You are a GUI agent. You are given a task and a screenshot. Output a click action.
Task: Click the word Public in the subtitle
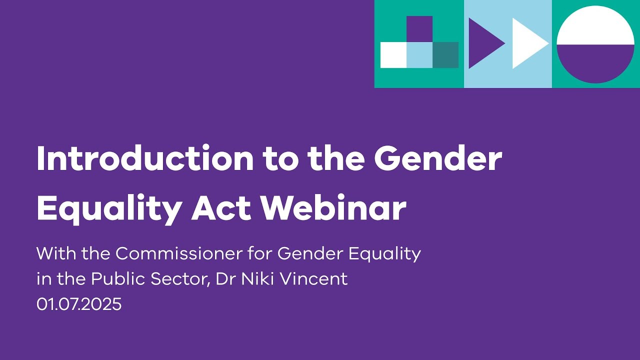pyautogui.click(x=116, y=279)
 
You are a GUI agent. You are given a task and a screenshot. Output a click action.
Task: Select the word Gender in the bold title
pyautogui.click(x=437, y=159)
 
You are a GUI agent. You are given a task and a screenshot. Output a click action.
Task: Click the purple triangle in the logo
pyautogui.click(x=483, y=43)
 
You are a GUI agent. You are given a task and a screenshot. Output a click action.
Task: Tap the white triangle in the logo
pyautogui.click(x=527, y=43)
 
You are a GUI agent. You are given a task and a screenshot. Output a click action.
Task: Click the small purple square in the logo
pyautogui.click(x=419, y=29)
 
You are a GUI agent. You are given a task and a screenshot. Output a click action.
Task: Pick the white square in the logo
pyautogui.click(x=393, y=55)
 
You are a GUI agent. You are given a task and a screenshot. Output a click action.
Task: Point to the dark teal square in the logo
pyautogui.click(x=445, y=55)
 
